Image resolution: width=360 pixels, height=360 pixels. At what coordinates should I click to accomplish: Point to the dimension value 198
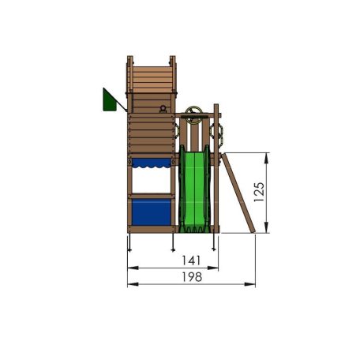191,277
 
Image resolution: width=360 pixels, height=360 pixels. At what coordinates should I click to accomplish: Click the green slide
195,189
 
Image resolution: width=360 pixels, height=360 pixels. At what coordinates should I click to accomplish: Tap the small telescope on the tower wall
163,108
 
